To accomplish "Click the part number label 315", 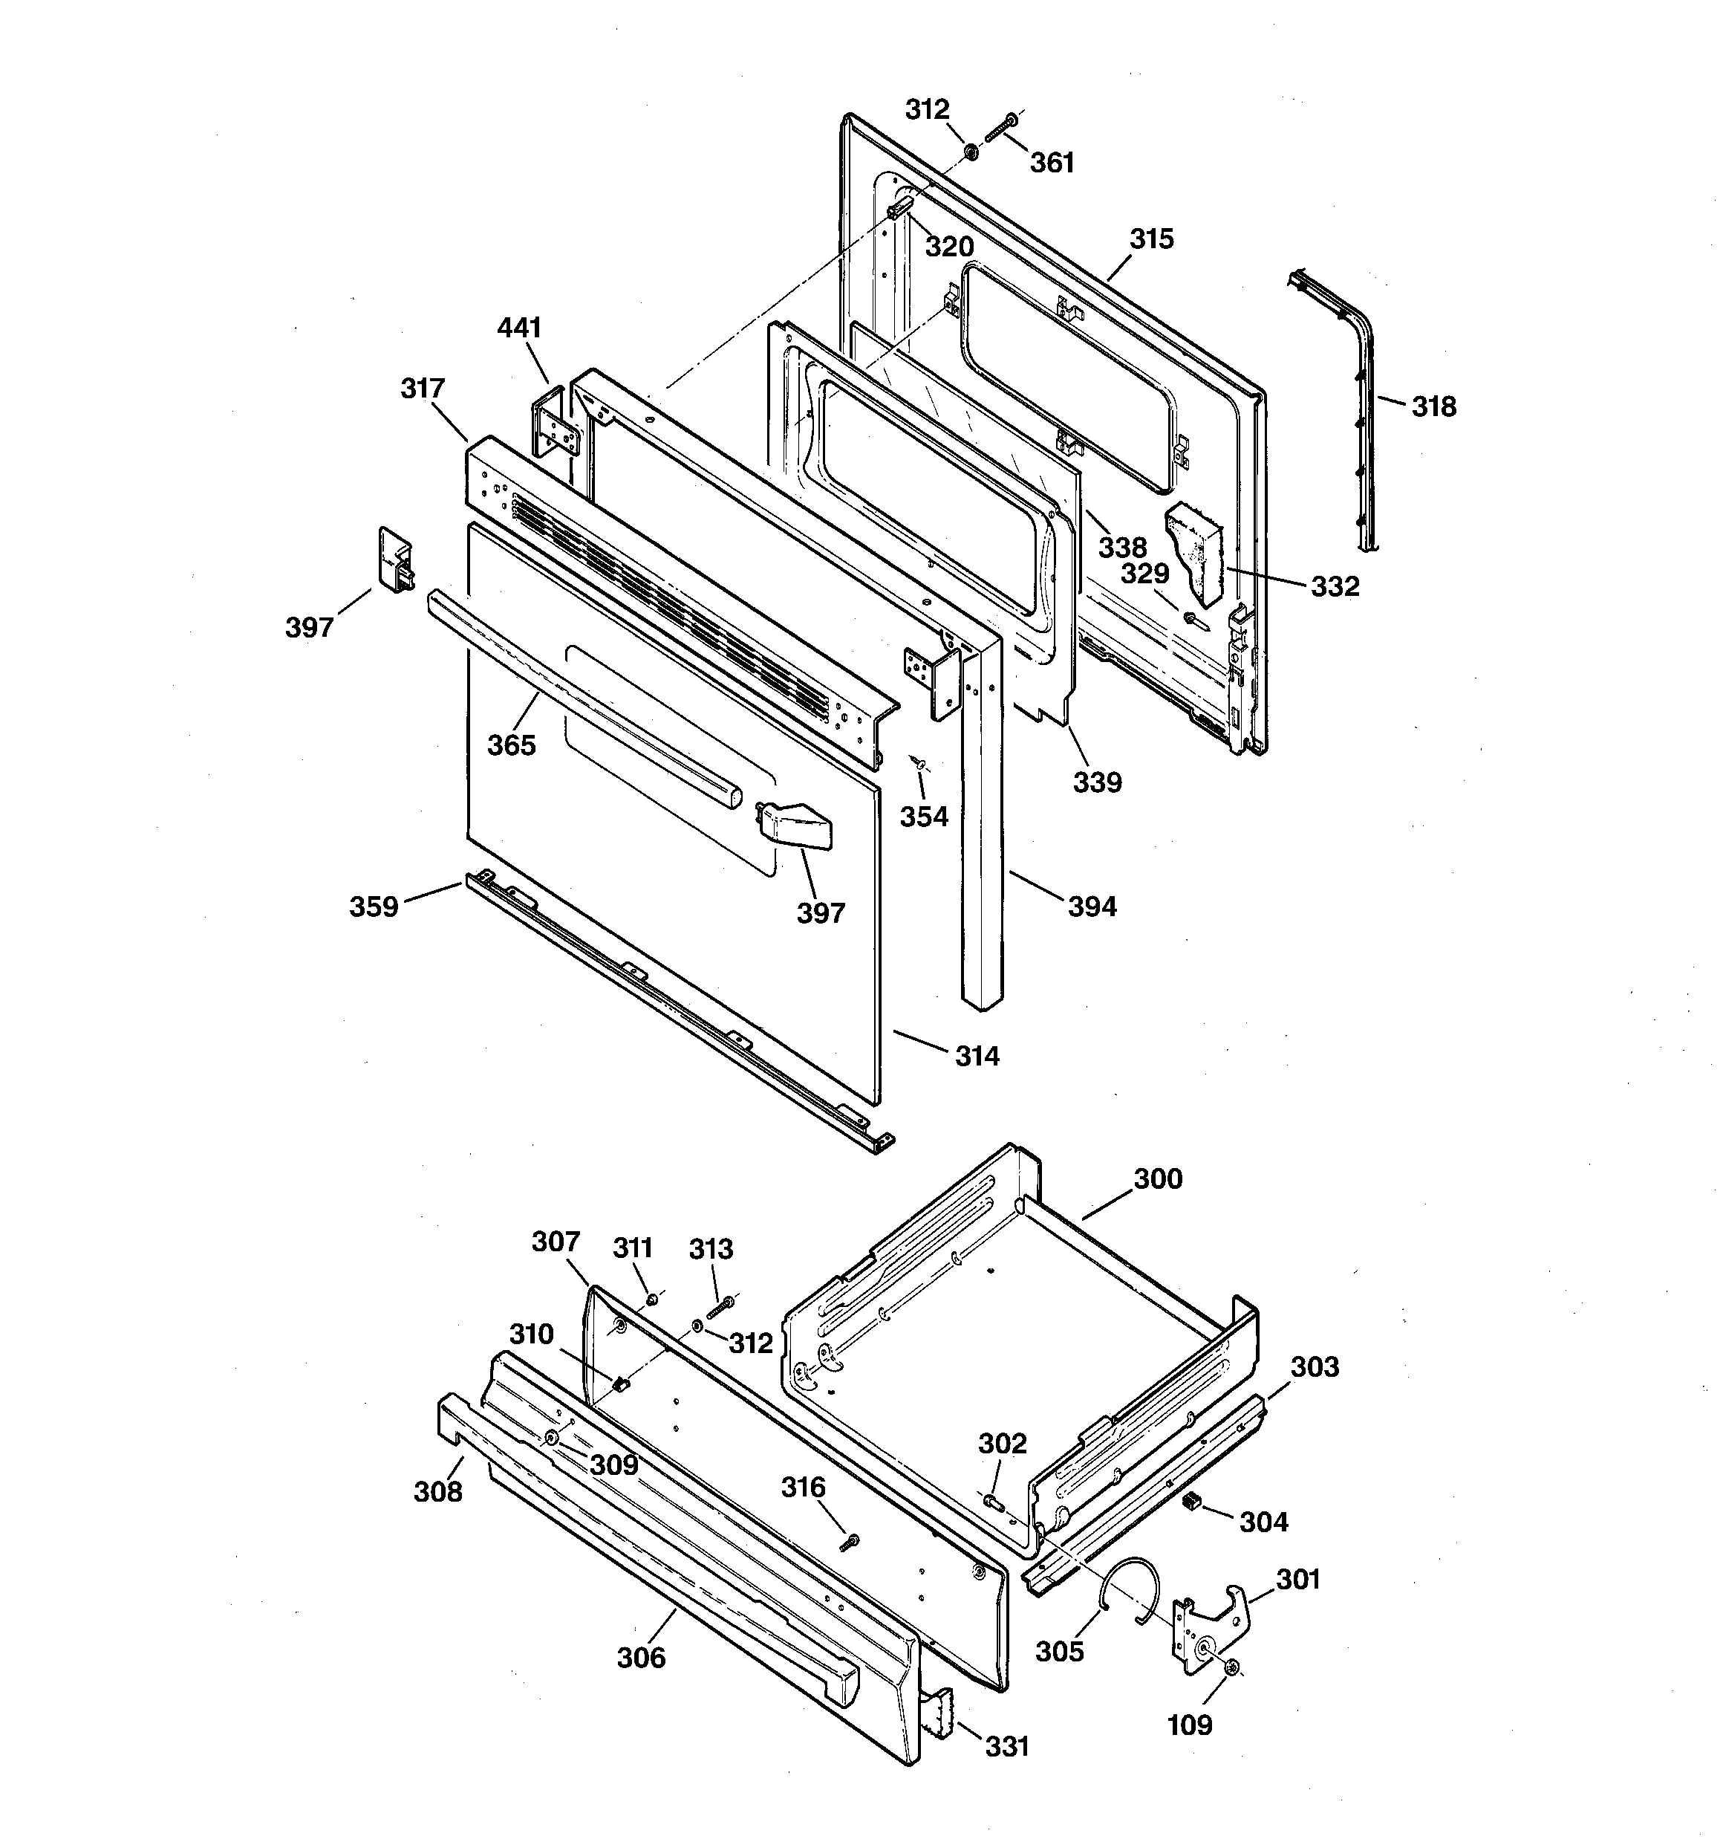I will (x=1151, y=239).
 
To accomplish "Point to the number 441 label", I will (x=519, y=328).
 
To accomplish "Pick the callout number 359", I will (x=374, y=906).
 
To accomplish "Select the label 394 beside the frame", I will (x=1092, y=906).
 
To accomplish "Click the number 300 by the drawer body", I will (x=1158, y=1178).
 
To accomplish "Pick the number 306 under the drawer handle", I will (x=641, y=1658).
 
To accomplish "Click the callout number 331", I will (x=1007, y=1747).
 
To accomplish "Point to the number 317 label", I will (x=423, y=389).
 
